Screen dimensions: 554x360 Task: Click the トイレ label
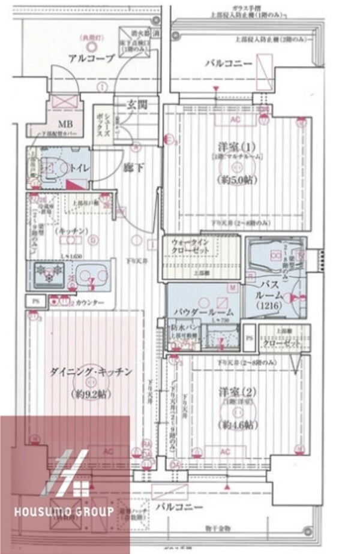(x=79, y=170)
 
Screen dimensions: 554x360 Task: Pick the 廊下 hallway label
(x=133, y=168)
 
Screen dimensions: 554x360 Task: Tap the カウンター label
(x=91, y=303)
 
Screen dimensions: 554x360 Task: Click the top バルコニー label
(x=226, y=63)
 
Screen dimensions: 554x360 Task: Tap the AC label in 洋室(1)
(x=235, y=120)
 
